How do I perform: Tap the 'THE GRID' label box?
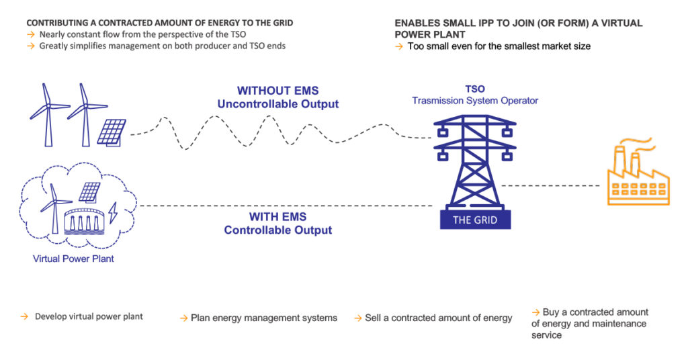tap(475, 220)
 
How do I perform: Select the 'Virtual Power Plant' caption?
tap(73, 259)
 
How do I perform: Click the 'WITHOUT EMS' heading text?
tap(277, 90)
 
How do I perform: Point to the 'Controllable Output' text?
tap(277, 230)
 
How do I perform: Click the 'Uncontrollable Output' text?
tap(277, 104)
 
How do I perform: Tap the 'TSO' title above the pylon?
tap(475, 89)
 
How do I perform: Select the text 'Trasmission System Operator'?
tap(475, 101)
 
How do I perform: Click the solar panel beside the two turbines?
tap(112, 132)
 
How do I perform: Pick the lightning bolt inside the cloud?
tap(113, 213)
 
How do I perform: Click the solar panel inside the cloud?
tap(89, 193)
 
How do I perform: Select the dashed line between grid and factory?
tap(550, 185)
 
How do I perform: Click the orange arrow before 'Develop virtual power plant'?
tap(25, 316)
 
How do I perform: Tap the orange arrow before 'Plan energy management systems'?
tap(184, 318)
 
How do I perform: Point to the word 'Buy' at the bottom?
tap(551, 312)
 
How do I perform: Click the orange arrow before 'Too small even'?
tap(399, 46)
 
